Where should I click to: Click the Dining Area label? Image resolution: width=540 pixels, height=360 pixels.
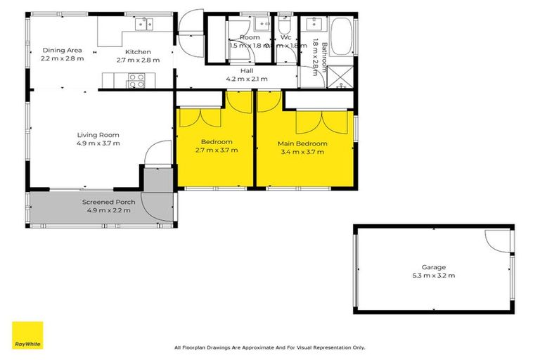click(63, 50)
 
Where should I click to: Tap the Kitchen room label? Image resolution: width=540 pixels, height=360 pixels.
click(138, 52)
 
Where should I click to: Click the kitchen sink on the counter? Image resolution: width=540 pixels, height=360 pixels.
click(144, 24)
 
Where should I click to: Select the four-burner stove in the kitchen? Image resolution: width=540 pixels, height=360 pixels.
click(135, 84)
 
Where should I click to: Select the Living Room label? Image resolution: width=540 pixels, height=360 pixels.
click(98, 135)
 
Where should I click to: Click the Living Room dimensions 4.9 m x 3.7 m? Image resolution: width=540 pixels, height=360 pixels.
click(98, 143)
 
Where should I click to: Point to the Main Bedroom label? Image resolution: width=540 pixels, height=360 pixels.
click(302, 143)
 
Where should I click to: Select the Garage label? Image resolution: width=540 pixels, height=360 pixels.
click(433, 267)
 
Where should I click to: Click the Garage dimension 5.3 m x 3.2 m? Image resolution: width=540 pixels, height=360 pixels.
click(433, 275)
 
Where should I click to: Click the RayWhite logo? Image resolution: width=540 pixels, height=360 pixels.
click(27, 335)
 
